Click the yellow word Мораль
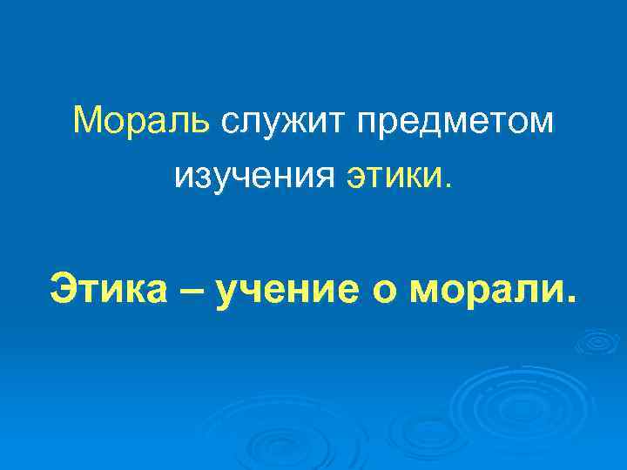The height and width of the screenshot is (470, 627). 142,121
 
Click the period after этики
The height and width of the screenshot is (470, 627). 448,186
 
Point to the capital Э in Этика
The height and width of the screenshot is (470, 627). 64,289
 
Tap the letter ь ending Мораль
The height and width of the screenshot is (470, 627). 201,122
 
